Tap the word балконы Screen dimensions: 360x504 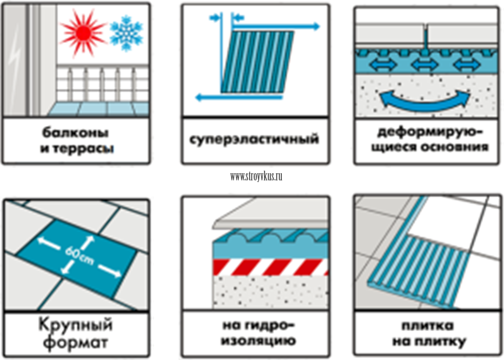[75, 133]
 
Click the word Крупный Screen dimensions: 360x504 [76, 326]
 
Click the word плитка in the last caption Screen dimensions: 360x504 [428, 326]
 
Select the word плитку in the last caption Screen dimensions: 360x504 [441, 341]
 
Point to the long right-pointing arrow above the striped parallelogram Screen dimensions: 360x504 [275, 27]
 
